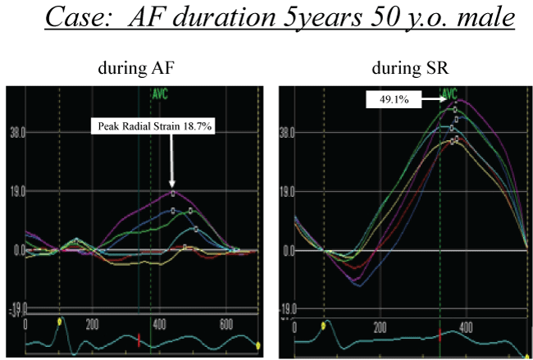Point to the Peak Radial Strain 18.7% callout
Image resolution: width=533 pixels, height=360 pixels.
tap(153, 126)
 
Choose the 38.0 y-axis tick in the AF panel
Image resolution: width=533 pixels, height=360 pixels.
tap(16, 131)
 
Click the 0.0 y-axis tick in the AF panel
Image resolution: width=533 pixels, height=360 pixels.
tap(16, 249)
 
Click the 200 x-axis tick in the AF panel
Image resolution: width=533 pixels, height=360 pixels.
tap(91, 323)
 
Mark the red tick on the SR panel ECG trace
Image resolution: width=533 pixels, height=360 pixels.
tap(441, 335)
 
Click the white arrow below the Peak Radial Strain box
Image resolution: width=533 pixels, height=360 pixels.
tap(172, 164)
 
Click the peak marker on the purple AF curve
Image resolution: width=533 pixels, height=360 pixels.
tap(173, 193)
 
